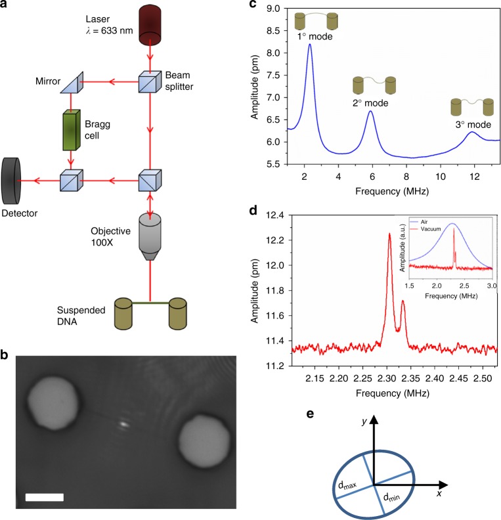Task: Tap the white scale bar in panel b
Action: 45,497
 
